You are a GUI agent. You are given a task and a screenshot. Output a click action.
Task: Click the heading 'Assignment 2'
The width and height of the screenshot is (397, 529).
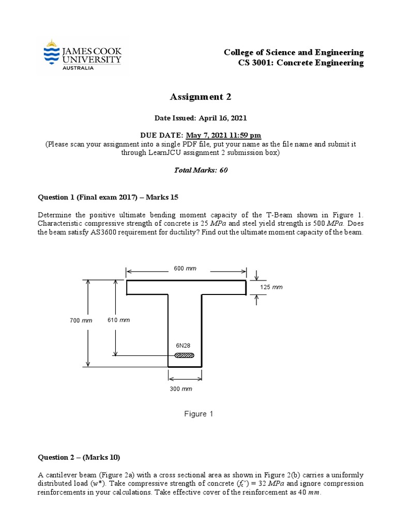(x=198, y=97)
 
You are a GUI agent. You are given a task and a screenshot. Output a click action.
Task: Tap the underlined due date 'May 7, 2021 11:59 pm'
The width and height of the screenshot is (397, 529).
(x=224, y=135)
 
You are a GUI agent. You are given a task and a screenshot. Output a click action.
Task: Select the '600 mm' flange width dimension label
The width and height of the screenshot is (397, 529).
(x=185, y=269)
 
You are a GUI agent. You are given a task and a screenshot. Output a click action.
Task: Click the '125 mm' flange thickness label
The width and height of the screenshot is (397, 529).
(x=271, y=287)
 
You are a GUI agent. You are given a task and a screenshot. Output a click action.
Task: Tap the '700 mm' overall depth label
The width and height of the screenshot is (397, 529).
(x=81, y=320)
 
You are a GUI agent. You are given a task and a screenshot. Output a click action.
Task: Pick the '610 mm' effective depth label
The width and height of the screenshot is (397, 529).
(x=118, y=320)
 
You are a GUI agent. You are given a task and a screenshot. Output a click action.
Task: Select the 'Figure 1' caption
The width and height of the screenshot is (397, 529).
(x=198, y=414)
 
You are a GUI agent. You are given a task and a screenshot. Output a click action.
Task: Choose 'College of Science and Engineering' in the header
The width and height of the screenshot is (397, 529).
(x=294, y=53)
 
